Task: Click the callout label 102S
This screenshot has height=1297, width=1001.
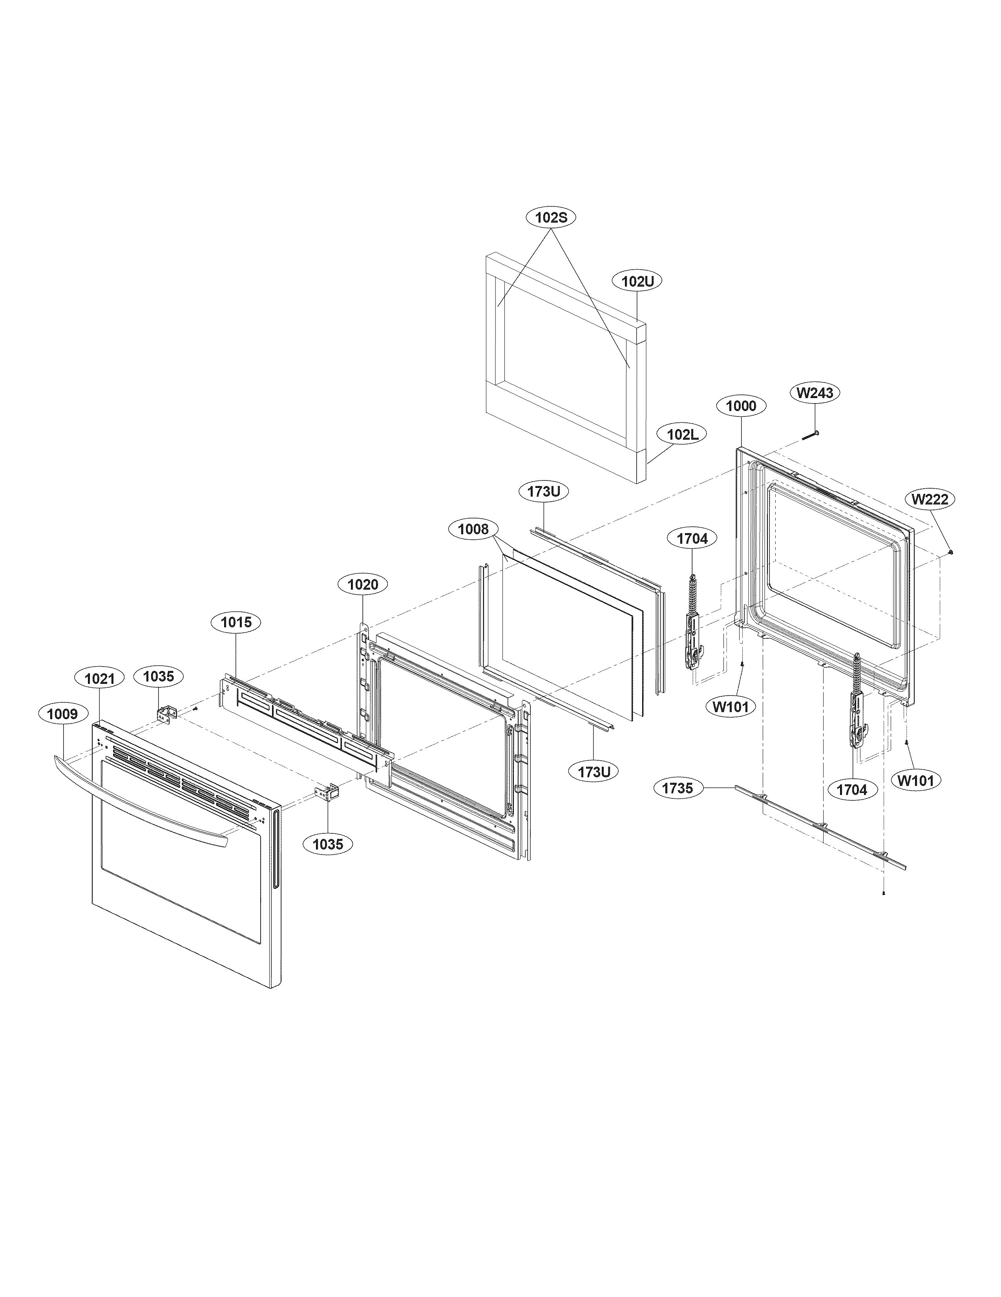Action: tap(552, 217)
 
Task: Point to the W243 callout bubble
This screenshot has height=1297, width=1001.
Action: tap(814, 393)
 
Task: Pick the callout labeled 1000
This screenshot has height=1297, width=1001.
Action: tap(741, 406)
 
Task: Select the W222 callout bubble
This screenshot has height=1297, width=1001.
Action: tap(930, 499)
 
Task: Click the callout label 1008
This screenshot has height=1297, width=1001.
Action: tap(473, 528)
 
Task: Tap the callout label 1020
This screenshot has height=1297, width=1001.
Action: tap(362, 585)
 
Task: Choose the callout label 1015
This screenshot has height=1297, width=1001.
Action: tap(236, 622)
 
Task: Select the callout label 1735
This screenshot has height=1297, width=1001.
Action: tap(678, 788)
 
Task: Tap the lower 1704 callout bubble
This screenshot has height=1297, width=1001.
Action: tap(852, 790)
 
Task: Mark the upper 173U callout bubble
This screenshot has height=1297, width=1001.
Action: tap(544, 492)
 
